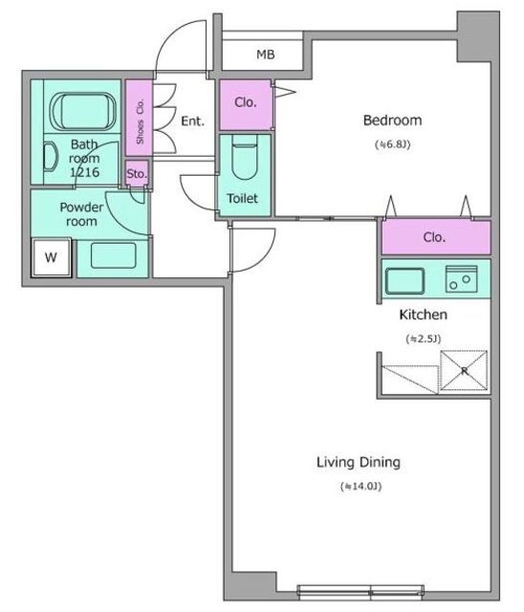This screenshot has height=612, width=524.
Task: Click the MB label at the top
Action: click(x=266, y=55)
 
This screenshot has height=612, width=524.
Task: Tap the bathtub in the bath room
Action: click(x=83, y=111)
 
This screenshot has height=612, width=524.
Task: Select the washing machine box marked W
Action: click(x=51, y=257)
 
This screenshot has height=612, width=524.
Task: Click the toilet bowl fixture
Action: click(x=245, y=157)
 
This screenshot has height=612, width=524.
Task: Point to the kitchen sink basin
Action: click(x=405, y=281)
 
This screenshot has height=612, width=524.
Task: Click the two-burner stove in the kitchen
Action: click(x=461, y=279)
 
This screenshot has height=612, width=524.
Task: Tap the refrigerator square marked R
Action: click(x=464, y=370)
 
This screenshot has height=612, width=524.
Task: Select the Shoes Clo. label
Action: click(x=140, y=121)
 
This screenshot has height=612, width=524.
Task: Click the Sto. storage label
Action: click(x=137, y=174)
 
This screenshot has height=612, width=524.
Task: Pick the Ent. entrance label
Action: click(x=193, y=121)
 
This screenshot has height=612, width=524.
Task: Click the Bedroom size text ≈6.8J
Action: click(x=392, y=144)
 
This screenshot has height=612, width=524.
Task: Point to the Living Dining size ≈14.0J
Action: click(x=360, y=487)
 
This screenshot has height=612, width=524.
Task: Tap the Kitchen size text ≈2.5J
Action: click(x=424, y=339)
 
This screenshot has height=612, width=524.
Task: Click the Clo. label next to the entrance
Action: click(x=246, y=102)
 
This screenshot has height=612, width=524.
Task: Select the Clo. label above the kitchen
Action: click(x=434, y=237)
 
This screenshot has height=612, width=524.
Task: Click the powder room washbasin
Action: click(x=114, y=255)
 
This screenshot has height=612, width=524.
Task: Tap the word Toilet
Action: click(x=242, y=199)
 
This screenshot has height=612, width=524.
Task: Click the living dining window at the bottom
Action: click(x=360, y=592)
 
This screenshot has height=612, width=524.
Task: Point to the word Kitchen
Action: click(x=424, y=315)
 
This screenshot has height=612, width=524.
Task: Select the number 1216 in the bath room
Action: click(x=85, y=172)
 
